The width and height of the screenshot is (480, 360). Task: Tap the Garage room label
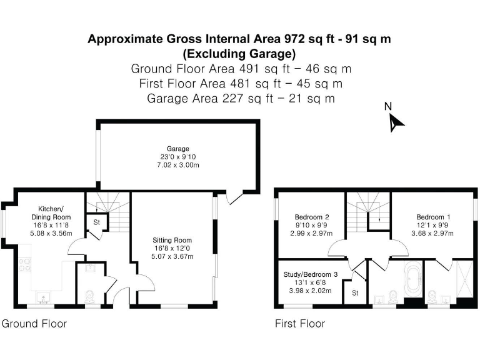(178, 149)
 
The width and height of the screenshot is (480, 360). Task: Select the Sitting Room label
(172, 240)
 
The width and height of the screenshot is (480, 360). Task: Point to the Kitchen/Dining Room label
(51, 213)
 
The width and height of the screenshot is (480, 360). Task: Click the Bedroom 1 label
(433, 217)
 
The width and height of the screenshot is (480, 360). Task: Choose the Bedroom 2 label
(312, 217)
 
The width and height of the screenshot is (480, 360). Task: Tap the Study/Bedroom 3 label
(311, 274)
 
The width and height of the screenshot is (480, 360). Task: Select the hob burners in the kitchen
(25, 265)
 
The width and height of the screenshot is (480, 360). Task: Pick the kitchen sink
(44, 297)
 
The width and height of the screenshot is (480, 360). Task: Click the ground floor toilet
(89, 296)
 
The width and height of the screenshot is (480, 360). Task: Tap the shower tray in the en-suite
(465, 279)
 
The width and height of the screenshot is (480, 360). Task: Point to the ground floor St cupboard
(97, 222)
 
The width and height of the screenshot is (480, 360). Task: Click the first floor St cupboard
(355, 293)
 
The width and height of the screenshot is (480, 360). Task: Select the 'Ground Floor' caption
(34, 324)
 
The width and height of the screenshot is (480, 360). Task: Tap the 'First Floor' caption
(300, 324)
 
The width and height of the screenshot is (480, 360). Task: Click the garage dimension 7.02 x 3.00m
(178, 165)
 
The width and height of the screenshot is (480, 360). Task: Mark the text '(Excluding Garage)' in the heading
(239, 54)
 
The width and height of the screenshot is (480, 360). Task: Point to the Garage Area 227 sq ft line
(241, 99)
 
